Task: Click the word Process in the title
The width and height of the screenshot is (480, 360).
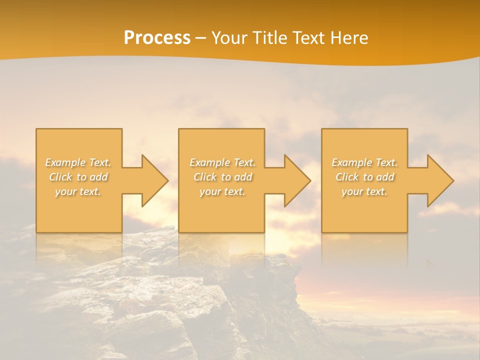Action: tap(157, 38)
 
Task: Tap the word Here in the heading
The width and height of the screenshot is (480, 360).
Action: tap(349, 38)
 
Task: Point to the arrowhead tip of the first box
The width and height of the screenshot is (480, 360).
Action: tap(167, 180)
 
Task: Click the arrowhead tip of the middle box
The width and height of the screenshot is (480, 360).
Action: tap(310, 180)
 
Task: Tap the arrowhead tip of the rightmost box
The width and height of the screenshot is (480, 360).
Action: tap(453, 180)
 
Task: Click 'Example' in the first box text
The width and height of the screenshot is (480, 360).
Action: tap(65, 162)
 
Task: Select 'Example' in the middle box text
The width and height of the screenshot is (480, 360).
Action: tap(209, 162)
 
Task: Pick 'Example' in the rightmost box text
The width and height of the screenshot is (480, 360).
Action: tap(351, 162)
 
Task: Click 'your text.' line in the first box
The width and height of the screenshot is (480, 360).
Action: tap(78, 191)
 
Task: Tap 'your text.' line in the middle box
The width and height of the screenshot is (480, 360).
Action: tap(222, 191)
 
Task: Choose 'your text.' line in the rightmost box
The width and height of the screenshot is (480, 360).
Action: tap(364, 191)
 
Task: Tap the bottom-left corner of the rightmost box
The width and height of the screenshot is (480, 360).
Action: tap(322, 231)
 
